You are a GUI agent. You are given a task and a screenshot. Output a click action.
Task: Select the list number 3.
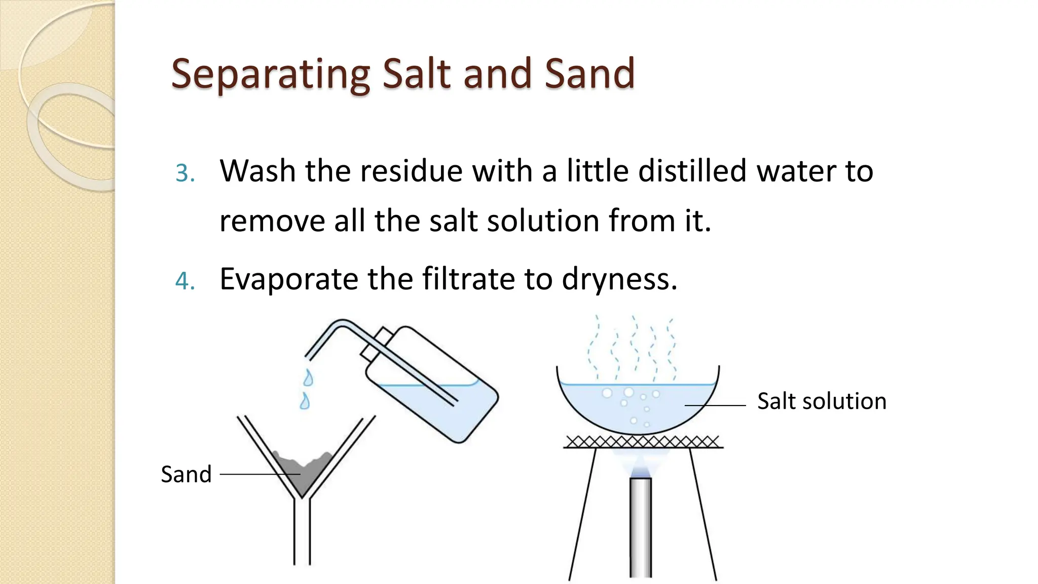pos(184,173)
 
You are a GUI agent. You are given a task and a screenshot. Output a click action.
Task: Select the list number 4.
pos(184,281)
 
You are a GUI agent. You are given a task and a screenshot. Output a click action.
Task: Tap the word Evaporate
pos(288,279)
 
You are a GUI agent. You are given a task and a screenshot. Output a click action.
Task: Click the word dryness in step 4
pos(619,279)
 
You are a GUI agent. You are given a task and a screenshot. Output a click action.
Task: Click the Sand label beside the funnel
pos(186,474)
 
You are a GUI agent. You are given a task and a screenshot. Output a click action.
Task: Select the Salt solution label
pos(822,401)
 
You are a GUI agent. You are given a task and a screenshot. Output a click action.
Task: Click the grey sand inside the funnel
pos(303,471)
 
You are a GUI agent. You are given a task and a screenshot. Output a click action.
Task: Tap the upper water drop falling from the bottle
pos(308,378)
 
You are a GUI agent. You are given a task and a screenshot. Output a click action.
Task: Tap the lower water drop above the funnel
pos(305,401)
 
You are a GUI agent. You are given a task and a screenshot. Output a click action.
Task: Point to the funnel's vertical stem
pos(302,532)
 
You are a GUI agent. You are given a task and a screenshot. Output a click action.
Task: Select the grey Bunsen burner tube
pos(641,527)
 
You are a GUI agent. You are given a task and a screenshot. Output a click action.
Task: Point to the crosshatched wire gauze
pos(643,442)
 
